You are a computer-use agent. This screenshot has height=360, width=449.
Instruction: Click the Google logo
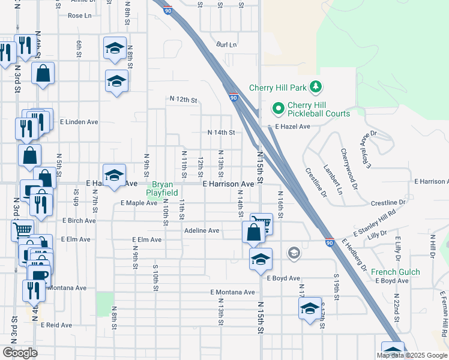coord(20,353)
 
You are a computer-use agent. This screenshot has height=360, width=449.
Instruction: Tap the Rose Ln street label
coord(79,16)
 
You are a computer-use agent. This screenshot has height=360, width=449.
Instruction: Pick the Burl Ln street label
coord(226,45)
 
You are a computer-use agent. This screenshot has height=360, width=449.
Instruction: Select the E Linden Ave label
coord(79,122)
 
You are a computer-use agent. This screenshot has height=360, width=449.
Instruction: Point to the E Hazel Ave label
coord(292,127)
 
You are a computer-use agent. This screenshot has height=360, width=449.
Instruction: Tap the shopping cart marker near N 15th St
coord(261,223)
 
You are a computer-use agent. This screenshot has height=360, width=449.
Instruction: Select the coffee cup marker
coord(40,276)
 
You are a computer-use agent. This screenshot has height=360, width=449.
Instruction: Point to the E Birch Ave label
coord(79,221)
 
